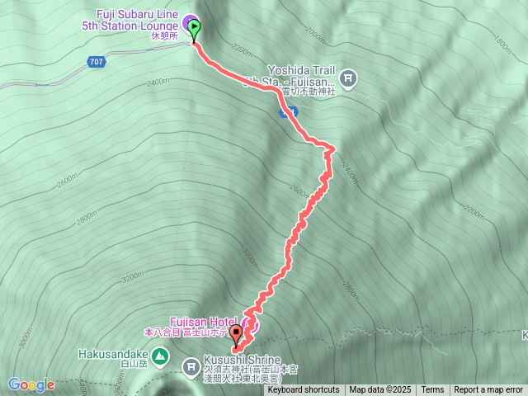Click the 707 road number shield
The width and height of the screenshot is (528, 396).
[x=97, y=62]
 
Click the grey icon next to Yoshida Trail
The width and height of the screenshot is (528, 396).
[x=349, y=78]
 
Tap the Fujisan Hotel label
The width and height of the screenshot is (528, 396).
[x=193, y=321]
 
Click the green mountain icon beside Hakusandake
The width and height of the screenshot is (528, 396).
[x=161, y=357]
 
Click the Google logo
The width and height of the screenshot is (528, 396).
[x=31, y=384]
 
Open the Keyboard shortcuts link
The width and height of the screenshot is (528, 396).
[x=303, y=390]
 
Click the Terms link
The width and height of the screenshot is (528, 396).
[x=432, y=390]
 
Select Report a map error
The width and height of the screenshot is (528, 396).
[x=488, y=390]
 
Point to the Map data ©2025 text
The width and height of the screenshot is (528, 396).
[x=379, y=390]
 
